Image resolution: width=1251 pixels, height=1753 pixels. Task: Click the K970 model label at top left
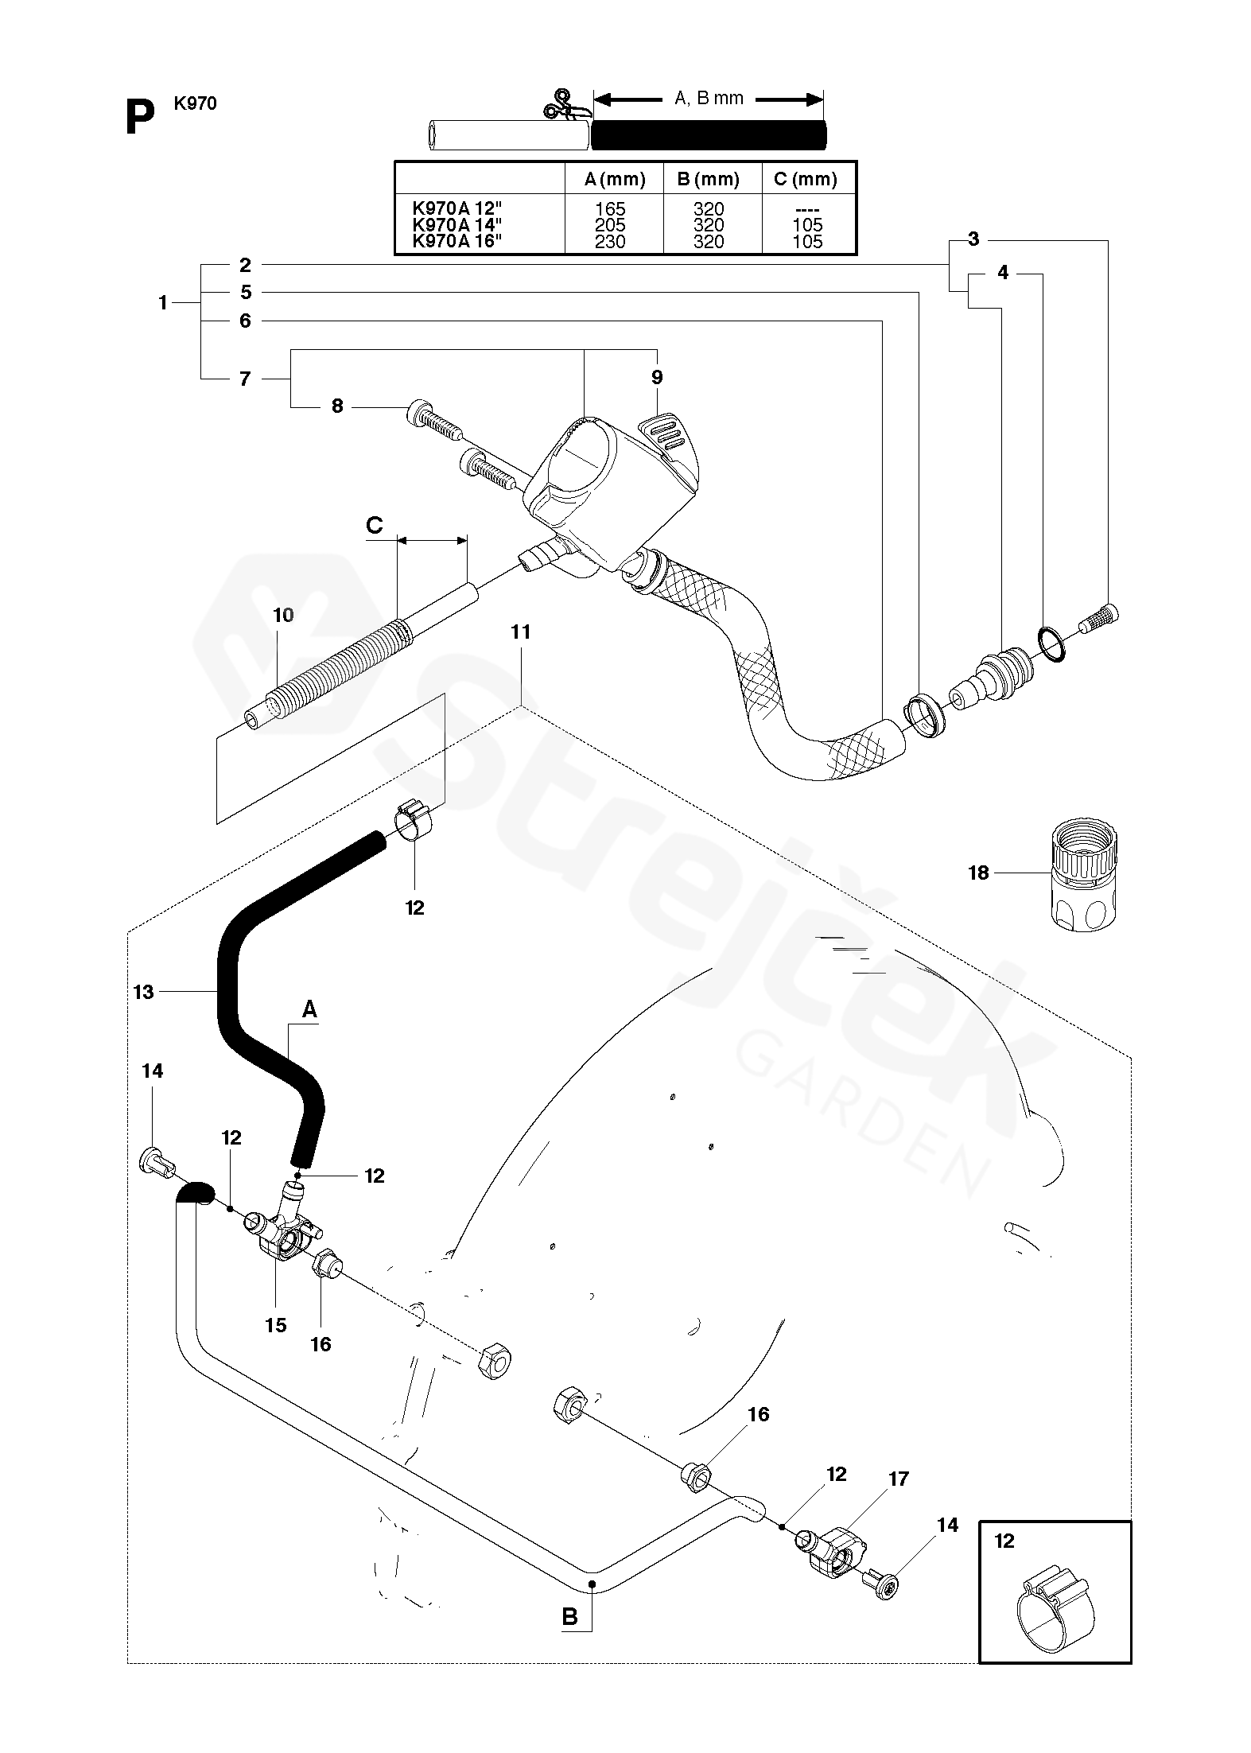coord(196,103)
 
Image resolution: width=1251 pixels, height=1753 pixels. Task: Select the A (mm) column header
coord(614,179)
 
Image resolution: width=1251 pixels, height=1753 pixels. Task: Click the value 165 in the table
coord(611,209)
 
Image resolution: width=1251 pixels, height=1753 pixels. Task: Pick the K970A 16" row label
coord(458,242)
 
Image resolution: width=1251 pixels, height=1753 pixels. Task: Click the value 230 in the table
coord(611,242)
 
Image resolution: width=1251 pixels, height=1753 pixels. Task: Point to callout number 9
coord(657,377)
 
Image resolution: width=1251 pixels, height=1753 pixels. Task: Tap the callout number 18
coord(978,873)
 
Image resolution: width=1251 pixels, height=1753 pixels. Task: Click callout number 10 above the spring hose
coord(283,615)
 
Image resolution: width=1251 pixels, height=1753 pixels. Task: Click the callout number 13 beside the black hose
coord(143,992)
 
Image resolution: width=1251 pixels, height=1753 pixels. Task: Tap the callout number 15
coord(276,1325)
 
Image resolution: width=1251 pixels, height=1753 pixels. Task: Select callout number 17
coord(899,1479)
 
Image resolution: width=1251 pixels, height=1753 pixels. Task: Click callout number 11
coord(521,632)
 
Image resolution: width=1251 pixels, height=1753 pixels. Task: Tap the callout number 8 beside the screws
coord(337,406)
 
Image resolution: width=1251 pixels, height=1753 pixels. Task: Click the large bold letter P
coord(140,119)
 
